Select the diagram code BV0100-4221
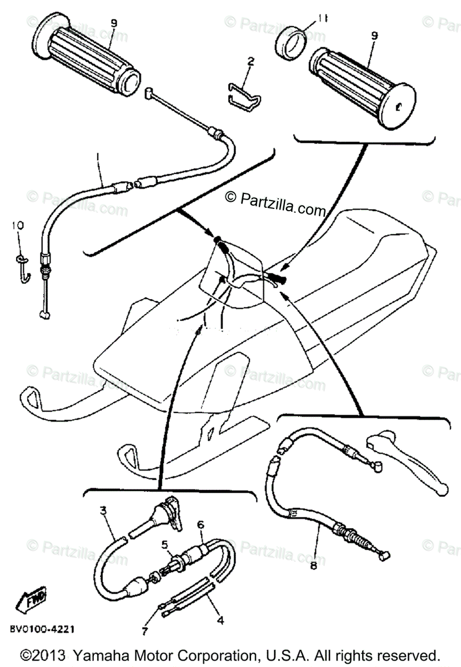pos(42,630)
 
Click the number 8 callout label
pos(313,565)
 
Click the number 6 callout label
pos(201,524)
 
